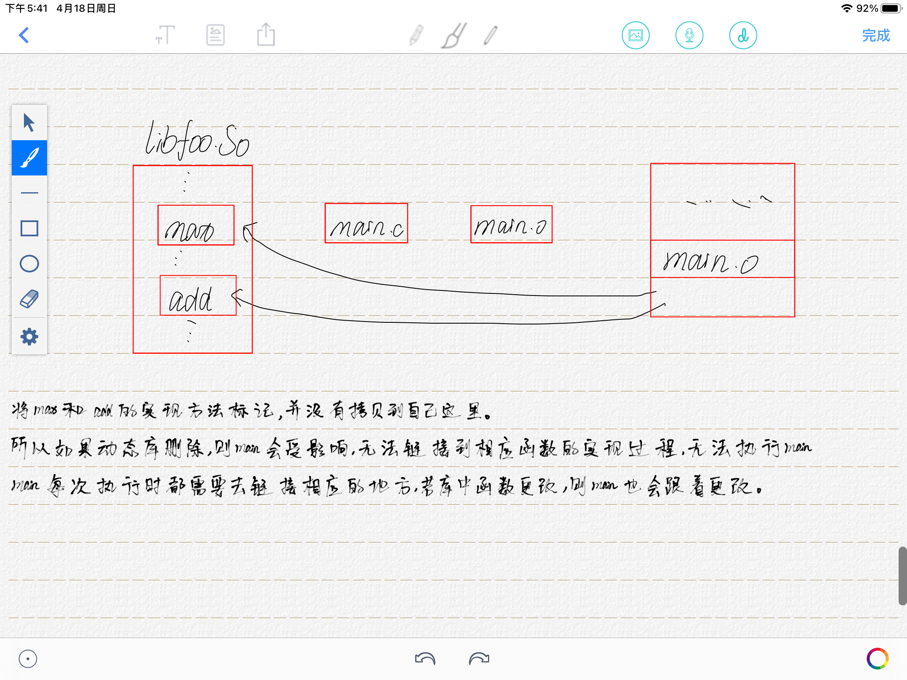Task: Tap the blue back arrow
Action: click(24, 35)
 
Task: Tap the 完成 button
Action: click(876, 36)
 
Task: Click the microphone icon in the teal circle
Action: click(689, 35)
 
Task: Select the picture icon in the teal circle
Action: click(635, 35)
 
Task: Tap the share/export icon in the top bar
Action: click(266, 35)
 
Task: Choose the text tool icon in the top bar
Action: click(165, 35)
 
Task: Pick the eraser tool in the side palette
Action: click(29, 299)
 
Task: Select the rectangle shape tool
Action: click(29, 228)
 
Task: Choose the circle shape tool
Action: click(29, 264)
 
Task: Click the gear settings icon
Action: click(29, 337)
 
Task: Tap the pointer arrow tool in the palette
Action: click(29, 123)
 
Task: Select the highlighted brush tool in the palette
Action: click(29, 158)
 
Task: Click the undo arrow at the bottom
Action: click(425, 659)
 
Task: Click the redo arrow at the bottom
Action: click(479, 659)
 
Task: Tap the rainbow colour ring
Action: click(877, 659)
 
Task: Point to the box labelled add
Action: click(198, 296)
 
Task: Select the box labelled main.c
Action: click(366, 223)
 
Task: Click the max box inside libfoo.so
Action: click(196, 225)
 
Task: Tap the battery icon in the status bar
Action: click(891, 8)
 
